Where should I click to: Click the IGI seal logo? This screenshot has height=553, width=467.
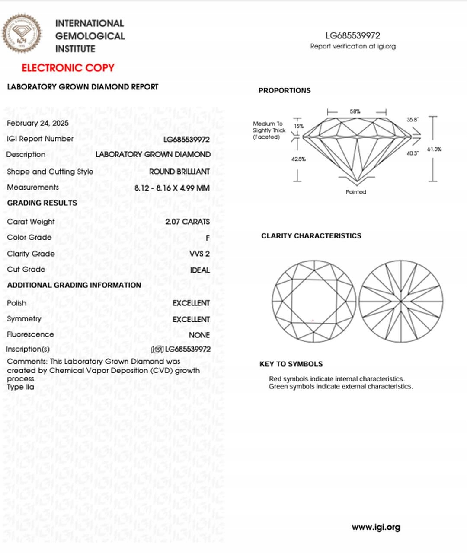coord(22,34)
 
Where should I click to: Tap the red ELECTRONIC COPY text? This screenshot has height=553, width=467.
coord(68,68)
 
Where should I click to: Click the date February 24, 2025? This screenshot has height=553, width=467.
coord(38,123)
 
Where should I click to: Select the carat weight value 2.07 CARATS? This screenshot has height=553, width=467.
coord(187,222)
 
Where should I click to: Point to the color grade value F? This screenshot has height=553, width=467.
coord(208,238)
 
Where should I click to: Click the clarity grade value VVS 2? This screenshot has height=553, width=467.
coord(199,254)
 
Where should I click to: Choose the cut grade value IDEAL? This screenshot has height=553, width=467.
coord(200,270)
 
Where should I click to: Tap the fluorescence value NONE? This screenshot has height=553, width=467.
coord(199,335)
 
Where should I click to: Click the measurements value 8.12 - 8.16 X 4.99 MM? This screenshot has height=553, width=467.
coord(172,188)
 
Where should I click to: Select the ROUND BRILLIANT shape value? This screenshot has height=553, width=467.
coord(179,172)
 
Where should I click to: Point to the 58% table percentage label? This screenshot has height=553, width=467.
coord(355,111)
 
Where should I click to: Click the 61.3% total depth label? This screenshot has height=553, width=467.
coord(434,149)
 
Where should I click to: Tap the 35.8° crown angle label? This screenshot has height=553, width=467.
coord(413,120)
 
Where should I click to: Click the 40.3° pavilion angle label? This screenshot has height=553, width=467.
coord(413,153)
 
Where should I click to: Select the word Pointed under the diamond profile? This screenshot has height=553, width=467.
coord(356,192)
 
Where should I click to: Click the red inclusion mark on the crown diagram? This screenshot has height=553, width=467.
coord(313,321)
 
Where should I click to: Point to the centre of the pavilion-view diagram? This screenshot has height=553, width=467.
coord(401,301)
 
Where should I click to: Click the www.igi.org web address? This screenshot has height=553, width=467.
coord(376,527)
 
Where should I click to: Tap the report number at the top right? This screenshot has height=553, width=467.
coord(353,35)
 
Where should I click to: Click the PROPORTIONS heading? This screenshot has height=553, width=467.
coord(285,90)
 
